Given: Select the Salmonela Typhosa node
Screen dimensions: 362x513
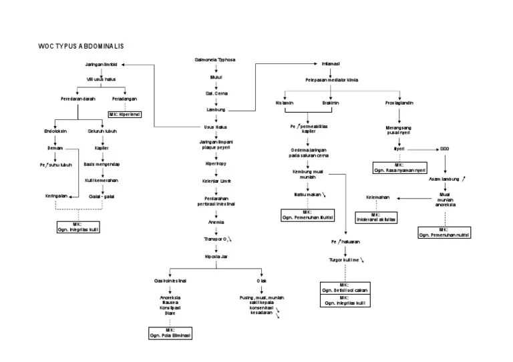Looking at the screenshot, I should click(x=215, y=60).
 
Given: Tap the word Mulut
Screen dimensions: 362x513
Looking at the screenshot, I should click(x=215, y=77).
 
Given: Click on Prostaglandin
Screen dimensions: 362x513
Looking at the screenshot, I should click(x=399, y=103).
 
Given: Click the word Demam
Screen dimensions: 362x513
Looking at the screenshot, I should click(x=55, y=147).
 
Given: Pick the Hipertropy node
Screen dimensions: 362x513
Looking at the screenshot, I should click(x=215, y=163).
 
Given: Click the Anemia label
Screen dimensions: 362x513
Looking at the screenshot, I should click(x=215, y=222).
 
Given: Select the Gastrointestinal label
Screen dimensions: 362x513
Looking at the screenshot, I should click(x=170, y=281).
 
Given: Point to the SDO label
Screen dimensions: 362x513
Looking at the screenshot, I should click(x=444, y=148).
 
